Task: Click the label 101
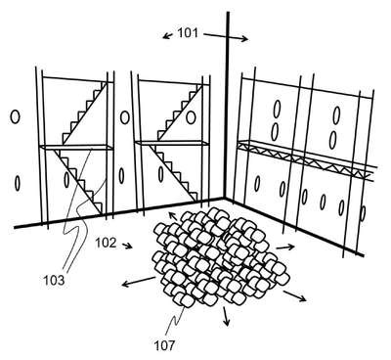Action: [188, 33]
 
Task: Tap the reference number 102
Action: [106, 243]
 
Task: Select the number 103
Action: [54, 281]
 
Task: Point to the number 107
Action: [165, 345]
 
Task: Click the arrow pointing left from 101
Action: [167, 35]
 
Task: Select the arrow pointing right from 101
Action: [226, 36]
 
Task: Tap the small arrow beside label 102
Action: [127, 246]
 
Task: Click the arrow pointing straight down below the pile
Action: [225, 316]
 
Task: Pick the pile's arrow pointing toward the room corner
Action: [173, 216]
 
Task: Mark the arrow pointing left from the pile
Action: [139, 283]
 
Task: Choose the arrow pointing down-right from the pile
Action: [295, 296]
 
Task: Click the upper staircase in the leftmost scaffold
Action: [85, 113]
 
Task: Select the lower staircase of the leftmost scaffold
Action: [78, 181]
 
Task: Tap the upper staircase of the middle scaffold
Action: [180, 113]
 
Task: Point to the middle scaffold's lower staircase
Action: [173, 172]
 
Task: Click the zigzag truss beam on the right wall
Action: [306, 159]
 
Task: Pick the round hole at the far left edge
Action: [15, 116]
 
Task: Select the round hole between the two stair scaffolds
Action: [124, 117]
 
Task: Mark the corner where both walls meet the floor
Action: [224, 198]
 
